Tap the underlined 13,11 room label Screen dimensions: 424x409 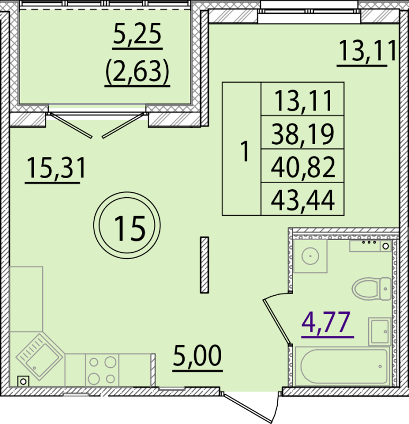(367, 52)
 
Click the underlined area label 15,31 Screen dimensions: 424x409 (56, 170)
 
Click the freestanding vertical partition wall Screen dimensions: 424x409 (204, 265)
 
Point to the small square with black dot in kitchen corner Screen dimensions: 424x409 (22, 380)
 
